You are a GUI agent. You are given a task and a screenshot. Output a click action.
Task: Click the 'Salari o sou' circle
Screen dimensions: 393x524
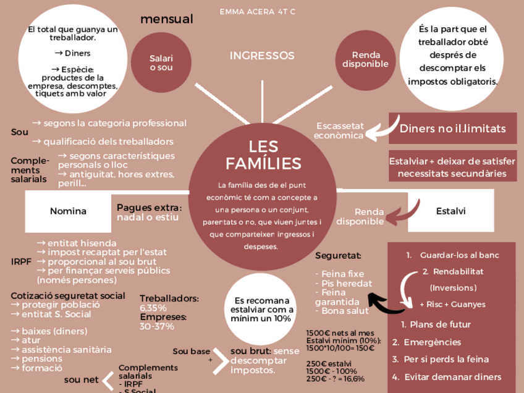[x=161, y=62]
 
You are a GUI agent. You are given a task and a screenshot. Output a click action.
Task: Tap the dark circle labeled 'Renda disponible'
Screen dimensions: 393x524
[x=365, y=60]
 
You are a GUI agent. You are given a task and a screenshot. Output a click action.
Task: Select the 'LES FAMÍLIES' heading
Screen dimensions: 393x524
[x=263, y=155]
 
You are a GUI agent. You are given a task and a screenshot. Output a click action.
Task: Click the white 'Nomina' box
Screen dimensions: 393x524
[x=68, y=211]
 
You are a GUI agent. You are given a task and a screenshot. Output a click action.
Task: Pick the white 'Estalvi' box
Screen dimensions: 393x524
[x=450, y=211]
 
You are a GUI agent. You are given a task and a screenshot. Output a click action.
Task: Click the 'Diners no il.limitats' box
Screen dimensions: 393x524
[x=452, y=129]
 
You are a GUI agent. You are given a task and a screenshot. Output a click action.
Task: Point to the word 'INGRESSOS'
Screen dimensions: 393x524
[x=262, y=56]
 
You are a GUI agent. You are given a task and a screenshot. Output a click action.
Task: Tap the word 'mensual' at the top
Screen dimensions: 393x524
[x=166, y=19]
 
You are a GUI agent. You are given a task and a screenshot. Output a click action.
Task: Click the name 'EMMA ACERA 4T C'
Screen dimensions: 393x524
[x=258, y=12]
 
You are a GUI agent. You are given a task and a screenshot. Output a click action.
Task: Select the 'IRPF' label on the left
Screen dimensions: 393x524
[x=20, y=261]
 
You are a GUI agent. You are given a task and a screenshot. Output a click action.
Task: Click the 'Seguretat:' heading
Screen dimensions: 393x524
[x=338, y=255]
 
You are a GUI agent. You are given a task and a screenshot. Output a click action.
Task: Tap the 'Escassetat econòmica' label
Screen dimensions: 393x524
[x=340, y=130]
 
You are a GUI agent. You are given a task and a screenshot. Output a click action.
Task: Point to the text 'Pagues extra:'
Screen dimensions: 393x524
[x=149, y=207]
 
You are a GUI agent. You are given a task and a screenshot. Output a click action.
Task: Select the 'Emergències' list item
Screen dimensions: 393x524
[x=432, y=342]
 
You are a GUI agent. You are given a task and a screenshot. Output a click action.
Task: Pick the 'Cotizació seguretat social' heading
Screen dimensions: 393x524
[x=68, y=295]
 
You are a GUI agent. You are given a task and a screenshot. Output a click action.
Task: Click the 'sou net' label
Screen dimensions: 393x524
[x=81, y=379]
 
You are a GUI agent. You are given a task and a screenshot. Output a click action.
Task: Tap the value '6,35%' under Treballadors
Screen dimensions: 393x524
[x=153, y=308]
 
